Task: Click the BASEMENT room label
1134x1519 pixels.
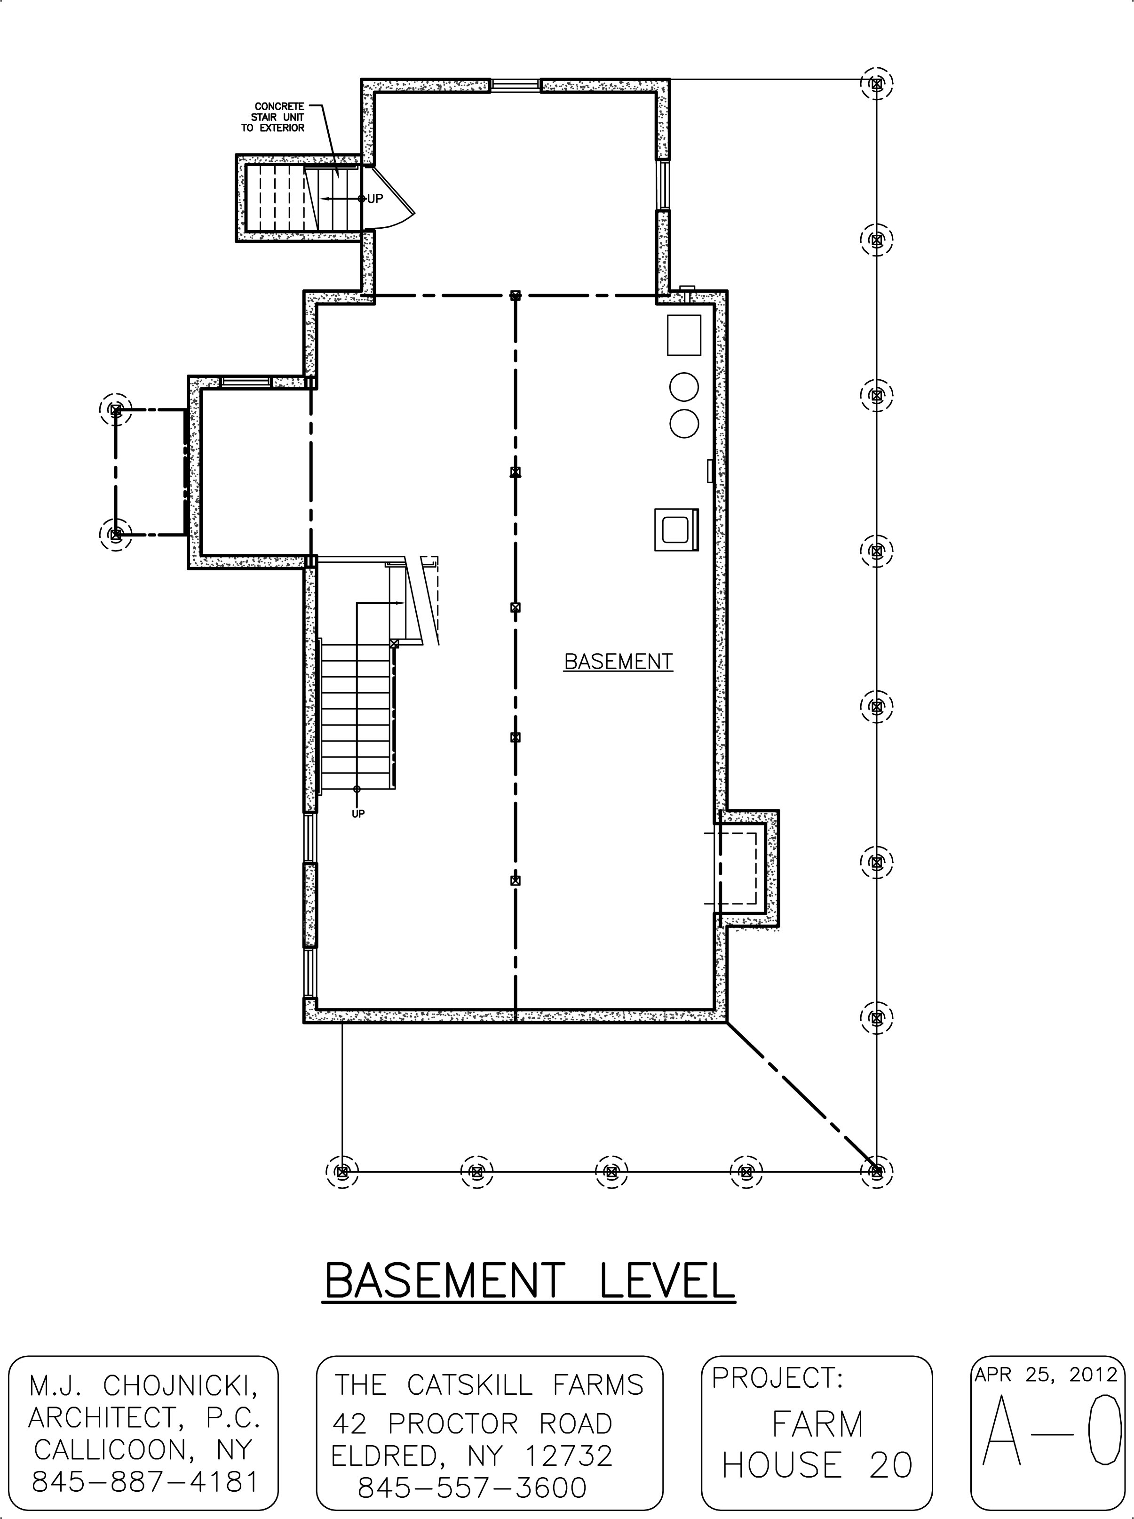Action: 618,661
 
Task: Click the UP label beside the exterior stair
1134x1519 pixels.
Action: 375,199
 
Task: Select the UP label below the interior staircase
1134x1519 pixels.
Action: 357,814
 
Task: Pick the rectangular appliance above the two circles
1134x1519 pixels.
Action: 684,335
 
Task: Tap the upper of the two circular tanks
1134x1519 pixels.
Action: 684,387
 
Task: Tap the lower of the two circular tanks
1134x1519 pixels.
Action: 684,423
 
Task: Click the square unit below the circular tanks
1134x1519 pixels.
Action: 677,529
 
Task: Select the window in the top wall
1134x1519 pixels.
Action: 515,85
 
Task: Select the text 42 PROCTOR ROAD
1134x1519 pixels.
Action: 472,1424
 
